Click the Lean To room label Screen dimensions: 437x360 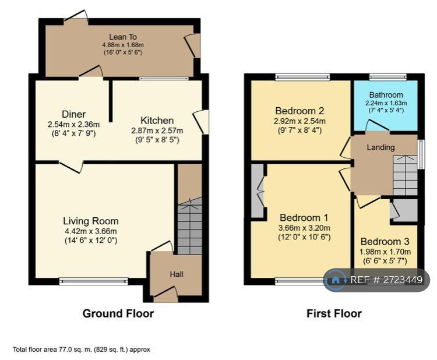click(x=123, y=37)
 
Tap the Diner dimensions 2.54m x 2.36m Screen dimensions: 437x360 click(x=73, y=124)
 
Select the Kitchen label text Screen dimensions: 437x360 click(x=157, y=121)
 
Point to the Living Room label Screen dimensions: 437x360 click(x=91, y=221)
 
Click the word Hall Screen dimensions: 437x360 click(x=177, y=274)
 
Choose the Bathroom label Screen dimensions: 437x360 click(x=386, y=95)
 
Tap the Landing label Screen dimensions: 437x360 click(x=380, y=147)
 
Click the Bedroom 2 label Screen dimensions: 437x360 click(x=299, y=111)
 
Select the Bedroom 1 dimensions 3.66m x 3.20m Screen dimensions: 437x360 click(x=304, y=228)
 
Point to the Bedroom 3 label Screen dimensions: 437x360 click(x=385, y=241)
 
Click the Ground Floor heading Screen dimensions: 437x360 click(x=118, y=313)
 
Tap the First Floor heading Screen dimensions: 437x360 click(x=334, y=313)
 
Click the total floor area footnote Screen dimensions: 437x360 click(x=82, y=350)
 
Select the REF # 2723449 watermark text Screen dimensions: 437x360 click(x=386, y=280)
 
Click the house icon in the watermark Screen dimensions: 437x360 click(x=336, y=280)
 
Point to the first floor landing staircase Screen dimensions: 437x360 click(x=405, y=175)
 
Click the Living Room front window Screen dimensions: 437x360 click(x=93, y=281)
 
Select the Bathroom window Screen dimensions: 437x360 click(x=388, y=77)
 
